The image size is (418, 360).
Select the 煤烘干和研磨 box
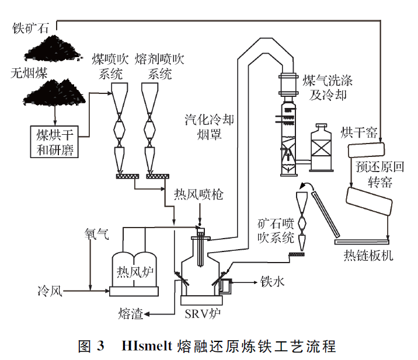tap(54, 141)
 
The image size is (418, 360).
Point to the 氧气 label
tap(96, 235)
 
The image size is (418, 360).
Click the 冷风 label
tap(50, 289)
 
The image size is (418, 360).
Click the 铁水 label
tap(272, 282)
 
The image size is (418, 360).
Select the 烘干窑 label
tap(358, 132)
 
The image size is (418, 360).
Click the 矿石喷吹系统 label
tap(275, 230)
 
